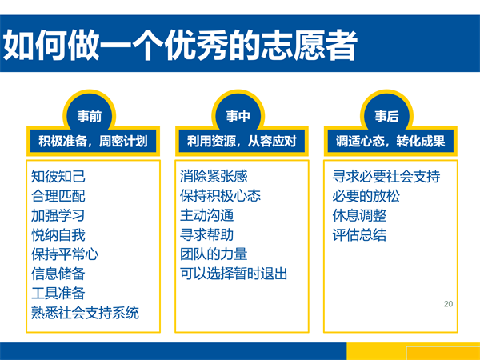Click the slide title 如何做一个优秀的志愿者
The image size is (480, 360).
point(180,46)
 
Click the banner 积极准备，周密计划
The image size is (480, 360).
point(93,141)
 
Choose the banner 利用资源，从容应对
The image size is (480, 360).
point(242,141)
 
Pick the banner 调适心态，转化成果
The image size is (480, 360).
point(390,141)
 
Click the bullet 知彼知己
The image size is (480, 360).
point(58,176)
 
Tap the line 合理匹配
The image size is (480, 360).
point(58,196)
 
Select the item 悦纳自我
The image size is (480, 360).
point(58,234)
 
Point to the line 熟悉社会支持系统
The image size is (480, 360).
point(85,313)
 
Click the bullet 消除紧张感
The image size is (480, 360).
point(214,176)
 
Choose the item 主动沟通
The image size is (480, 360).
point(207,215)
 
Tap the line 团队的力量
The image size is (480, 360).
point(214,254)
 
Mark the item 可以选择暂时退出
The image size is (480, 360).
point(234,274)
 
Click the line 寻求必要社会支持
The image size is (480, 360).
point(386,176)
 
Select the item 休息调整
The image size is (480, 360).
point(359,215)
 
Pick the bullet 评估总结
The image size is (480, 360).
point(359,234)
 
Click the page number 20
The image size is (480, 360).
point(448,304)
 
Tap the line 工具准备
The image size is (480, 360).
point(58,293)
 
